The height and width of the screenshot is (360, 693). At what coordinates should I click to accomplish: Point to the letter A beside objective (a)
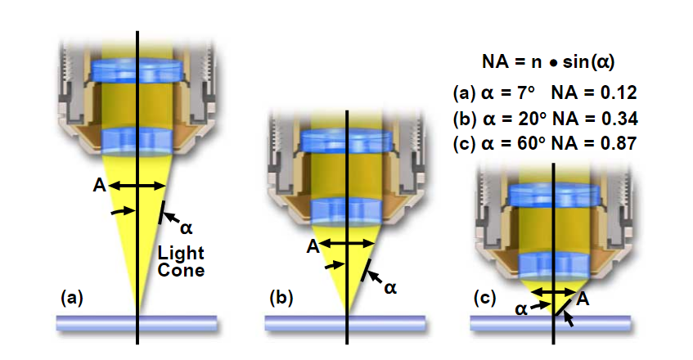tap(99, 186)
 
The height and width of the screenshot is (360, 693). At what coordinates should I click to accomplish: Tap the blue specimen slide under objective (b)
tap(346, 322)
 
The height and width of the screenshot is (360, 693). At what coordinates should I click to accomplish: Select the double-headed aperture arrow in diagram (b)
tap(347, 243)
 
